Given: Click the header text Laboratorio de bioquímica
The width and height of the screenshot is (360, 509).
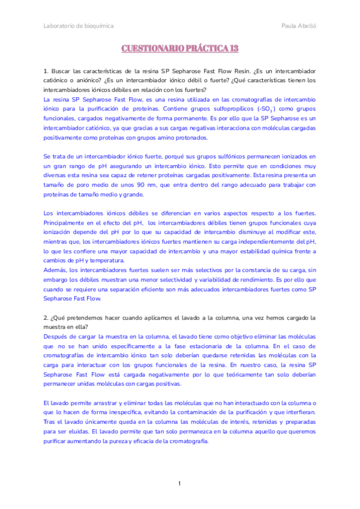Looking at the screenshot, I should (79, 26).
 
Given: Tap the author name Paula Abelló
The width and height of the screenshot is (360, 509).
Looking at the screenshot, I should (298, 26).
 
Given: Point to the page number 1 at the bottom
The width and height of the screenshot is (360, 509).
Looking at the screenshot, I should (180, 484).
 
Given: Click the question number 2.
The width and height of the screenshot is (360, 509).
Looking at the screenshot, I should (46, 316).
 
